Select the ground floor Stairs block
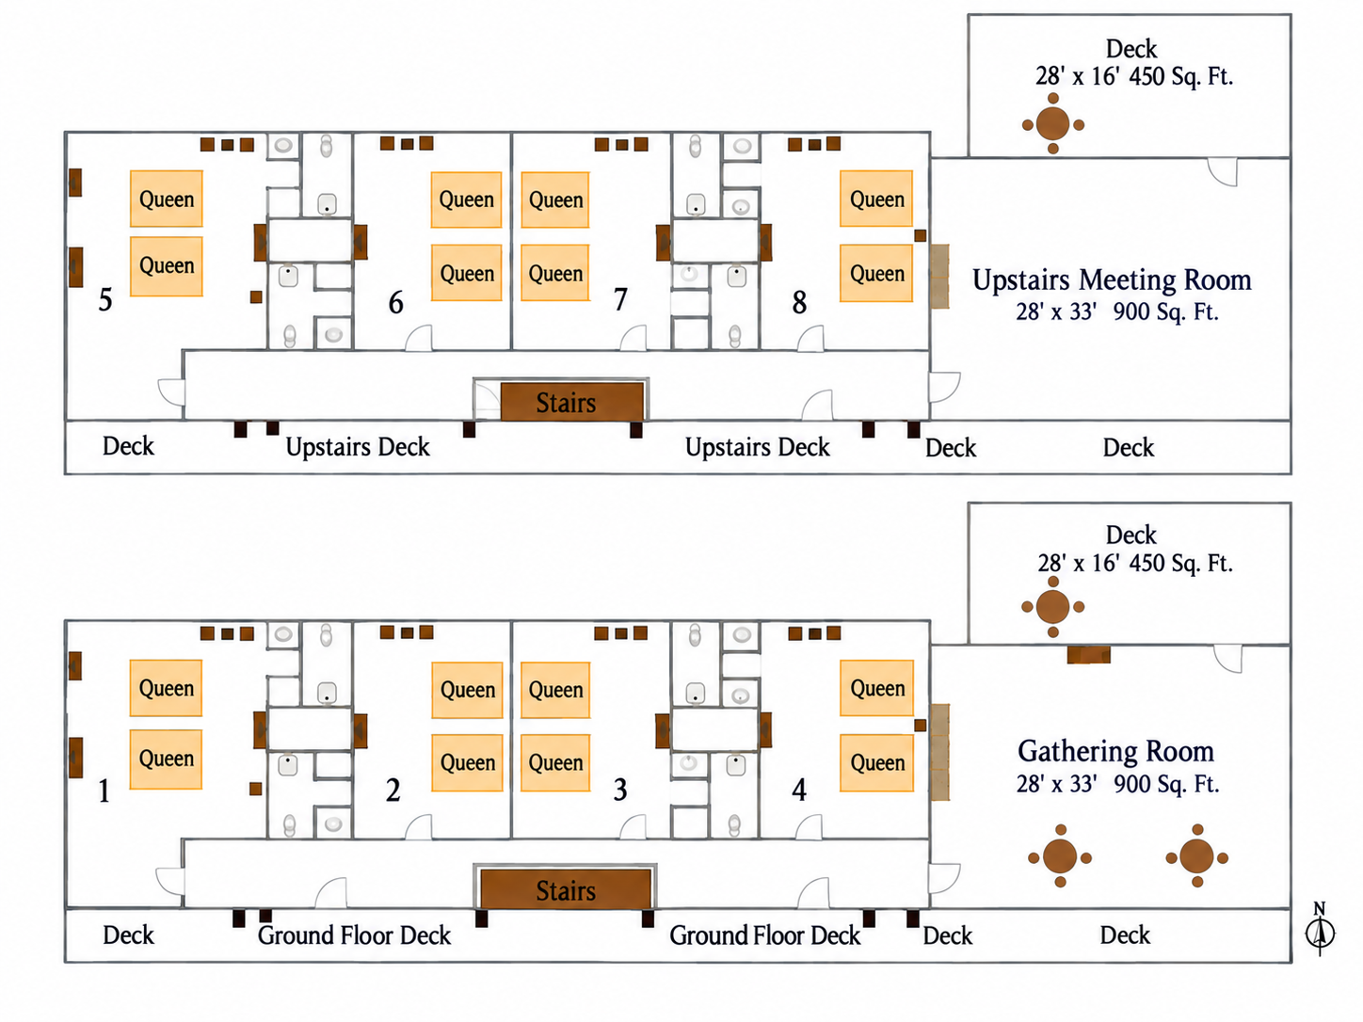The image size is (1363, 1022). pyautogui.click(x=566, y=890)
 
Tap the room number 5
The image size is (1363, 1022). pyautogui.click(x=104, y=299)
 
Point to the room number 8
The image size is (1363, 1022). pyautogui.click(x=799, y=302)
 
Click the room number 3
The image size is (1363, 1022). pyautogui.click(x=619, y=790)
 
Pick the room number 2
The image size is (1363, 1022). pyautogui.click(x=393, y=790)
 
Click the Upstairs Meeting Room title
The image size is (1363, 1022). pyautogui.click(x=1112, y=279)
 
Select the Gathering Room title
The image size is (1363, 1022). pyautogui.click(x=1115, y=751)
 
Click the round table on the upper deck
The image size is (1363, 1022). pyautogui.click(x=1053, y=123)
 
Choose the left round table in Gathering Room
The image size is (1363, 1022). pyautogui.click(x=1060, y=856)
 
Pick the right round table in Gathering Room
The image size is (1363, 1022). pyautogui.click(x=1196, y=856)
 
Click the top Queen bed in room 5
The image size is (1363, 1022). pyautogui.click(x=167, y=199)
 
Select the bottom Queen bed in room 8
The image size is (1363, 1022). pyautogui.click(x=876, y=273)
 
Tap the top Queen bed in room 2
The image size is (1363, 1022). pyautogui.click(x=467, y=690)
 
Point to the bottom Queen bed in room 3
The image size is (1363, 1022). pyautogui.click(x=555, y=762)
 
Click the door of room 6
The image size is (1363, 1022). pyautogui.click(x=419, y=339)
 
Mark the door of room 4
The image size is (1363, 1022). pyautogui.click(x=810, y=827)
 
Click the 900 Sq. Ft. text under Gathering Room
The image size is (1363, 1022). pyautogui.click(x=1166, y=784)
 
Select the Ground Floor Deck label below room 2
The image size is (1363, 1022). pyautogui.click(x=354, y=935)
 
